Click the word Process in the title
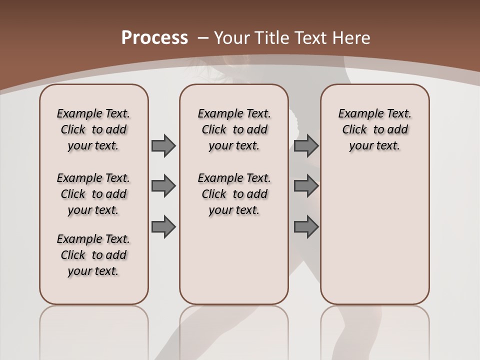[x=154, y=38]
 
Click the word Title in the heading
[x=273, y=38]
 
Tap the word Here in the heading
[x=352, y=38]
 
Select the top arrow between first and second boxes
[x=163, y=145]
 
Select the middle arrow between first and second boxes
[x=163, y=186]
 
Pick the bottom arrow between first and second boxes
[x=163, y=227]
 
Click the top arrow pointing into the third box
[x=306, y=145]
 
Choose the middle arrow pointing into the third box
[x=306, y=186]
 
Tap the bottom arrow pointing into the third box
[x=306, y=227]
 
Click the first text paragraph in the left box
[x=93, y=129]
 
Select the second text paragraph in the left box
[x=93, y=194]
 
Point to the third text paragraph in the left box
[x=93, y=255]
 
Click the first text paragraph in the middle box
[x=234, y=129]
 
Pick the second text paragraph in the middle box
[x=234, y=194]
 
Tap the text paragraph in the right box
[x=374, y=129]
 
